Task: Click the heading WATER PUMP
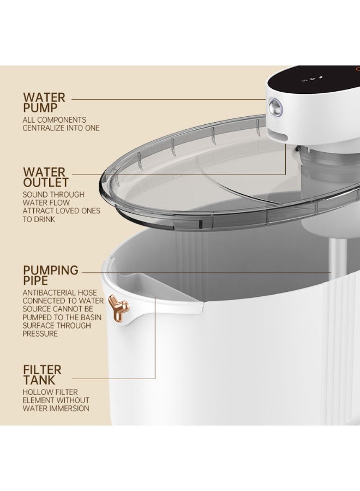point(44,103)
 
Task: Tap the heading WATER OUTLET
point(46,177)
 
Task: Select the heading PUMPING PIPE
point(51,275)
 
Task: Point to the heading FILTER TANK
point(42,374)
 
